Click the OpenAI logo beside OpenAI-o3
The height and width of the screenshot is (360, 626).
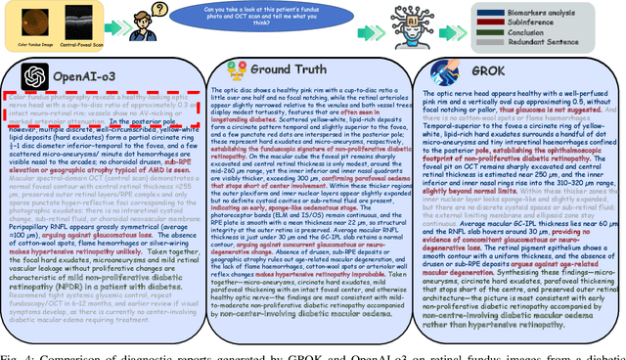coord(32,73)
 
